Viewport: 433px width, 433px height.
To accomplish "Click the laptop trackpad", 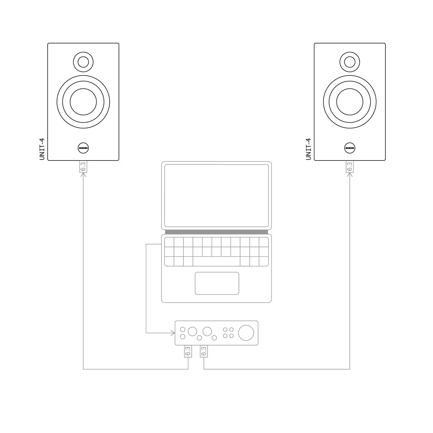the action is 217,283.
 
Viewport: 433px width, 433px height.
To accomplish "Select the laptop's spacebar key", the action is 216,261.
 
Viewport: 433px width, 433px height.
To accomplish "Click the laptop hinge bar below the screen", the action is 216,232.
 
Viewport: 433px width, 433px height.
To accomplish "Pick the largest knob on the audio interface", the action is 247,333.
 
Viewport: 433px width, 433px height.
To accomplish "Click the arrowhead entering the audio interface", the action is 172,333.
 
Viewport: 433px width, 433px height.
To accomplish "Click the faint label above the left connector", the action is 42,149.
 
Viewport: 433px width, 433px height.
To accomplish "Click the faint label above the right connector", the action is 310,149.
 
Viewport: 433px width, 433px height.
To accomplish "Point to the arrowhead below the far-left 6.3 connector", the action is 83,175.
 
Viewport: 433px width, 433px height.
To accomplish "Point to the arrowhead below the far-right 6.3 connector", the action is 350,176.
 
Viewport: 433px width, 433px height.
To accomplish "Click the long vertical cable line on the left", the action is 83,272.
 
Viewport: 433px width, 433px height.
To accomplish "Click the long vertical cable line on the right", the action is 350,272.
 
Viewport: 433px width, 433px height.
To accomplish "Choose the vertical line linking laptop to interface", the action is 146,288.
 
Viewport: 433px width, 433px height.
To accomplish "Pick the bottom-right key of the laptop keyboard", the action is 264,261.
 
